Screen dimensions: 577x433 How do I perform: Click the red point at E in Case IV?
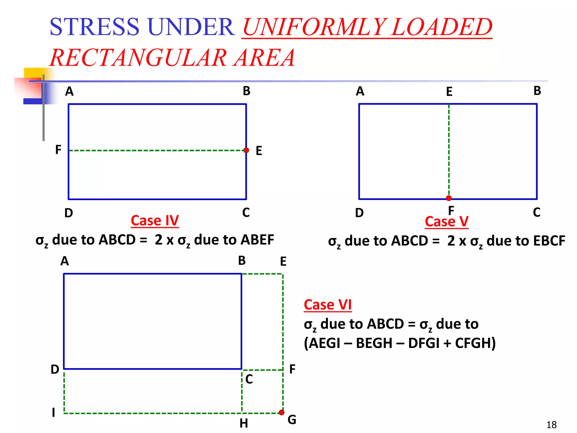246,150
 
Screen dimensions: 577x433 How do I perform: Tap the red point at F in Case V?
449,198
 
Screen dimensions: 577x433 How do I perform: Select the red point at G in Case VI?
281,412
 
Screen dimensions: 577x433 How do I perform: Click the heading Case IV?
155,220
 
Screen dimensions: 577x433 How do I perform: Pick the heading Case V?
447,222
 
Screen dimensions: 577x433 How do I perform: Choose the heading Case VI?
328,305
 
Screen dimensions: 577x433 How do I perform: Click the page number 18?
551,425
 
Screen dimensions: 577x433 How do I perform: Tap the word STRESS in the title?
94,27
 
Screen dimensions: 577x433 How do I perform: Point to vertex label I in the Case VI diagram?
53,413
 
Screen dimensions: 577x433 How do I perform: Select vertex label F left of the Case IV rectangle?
58,150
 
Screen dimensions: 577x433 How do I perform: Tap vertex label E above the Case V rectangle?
449,92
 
